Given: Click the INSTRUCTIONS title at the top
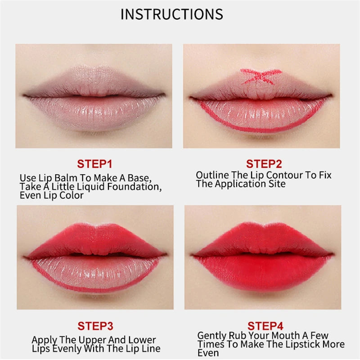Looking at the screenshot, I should coord(171,14).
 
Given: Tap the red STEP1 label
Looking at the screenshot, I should coord(94,163).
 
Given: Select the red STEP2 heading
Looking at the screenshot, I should coord(264,163).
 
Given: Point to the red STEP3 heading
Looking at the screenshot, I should coord(94,325).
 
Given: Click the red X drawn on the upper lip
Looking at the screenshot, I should coord(261,76).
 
